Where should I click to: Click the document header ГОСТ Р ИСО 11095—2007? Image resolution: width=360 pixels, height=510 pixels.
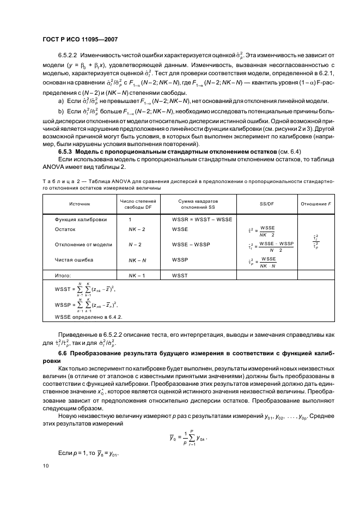80,39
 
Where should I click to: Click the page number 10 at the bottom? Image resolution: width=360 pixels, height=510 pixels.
46,465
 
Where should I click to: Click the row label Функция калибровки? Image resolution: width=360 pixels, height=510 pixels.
81,219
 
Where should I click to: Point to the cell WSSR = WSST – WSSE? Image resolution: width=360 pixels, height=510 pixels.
202,219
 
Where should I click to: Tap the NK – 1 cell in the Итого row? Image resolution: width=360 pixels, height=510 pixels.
136,276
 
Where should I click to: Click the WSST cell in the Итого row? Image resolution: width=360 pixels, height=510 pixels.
180,276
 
